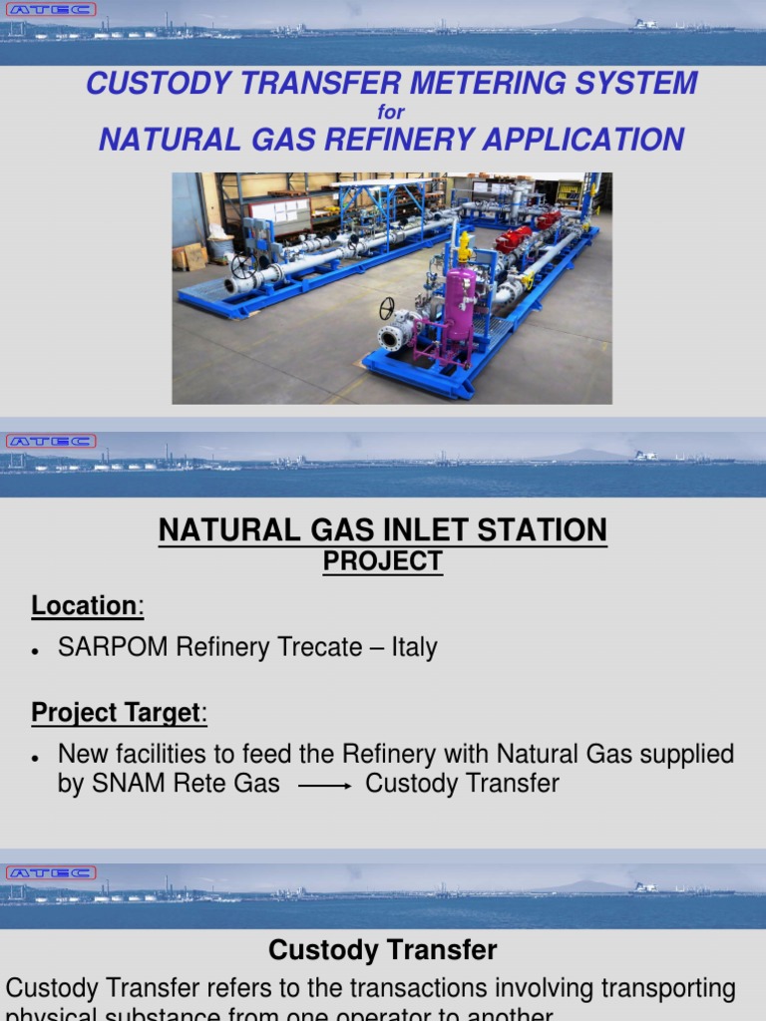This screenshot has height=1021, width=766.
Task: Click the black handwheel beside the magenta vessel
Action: [387, 309]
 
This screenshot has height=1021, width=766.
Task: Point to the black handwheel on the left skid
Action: [241, 266]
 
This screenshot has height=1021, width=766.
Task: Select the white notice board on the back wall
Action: [281, 211]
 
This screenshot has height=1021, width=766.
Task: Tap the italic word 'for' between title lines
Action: [391, 113]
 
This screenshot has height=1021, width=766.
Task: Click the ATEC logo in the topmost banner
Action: [50, 10]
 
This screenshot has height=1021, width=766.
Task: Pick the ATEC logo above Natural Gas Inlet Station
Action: [50, 441]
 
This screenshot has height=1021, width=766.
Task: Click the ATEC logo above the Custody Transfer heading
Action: [50, 872]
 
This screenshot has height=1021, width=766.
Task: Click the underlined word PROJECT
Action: [382, 562]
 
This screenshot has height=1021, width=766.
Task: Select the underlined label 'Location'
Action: [84, 605]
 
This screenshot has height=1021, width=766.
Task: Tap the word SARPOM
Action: [112, 647]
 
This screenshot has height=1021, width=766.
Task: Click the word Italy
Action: [414, 647]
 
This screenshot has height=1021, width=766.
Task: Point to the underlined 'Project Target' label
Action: [116, 713]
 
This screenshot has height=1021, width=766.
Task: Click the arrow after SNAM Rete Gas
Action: [324, 786]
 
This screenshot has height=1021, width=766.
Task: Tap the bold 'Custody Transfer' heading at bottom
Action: [383, 950]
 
